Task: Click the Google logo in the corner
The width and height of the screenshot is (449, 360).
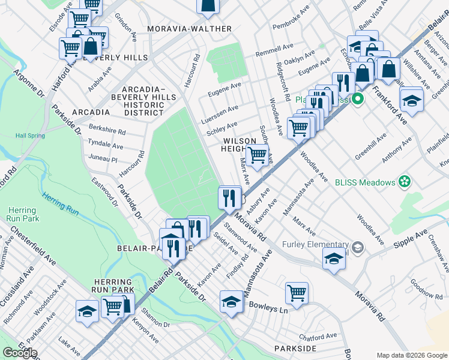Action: (x=20, y=353)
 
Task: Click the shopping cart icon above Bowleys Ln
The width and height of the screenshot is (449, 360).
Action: (x=297, y=293)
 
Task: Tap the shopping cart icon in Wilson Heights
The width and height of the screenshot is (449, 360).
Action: (x=258, y=154)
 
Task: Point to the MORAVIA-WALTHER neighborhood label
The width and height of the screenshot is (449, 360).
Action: (x=182, y=28)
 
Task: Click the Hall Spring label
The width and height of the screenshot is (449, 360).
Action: (x=30, y=136)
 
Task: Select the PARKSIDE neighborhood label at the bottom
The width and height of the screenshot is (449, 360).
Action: (x=295, y=349)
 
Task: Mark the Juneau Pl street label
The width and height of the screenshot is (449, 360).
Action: (x=102, y=159)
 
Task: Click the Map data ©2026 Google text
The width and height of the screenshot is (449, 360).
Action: (x=411, y=355)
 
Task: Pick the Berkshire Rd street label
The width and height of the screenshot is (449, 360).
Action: (x=107, y=131)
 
